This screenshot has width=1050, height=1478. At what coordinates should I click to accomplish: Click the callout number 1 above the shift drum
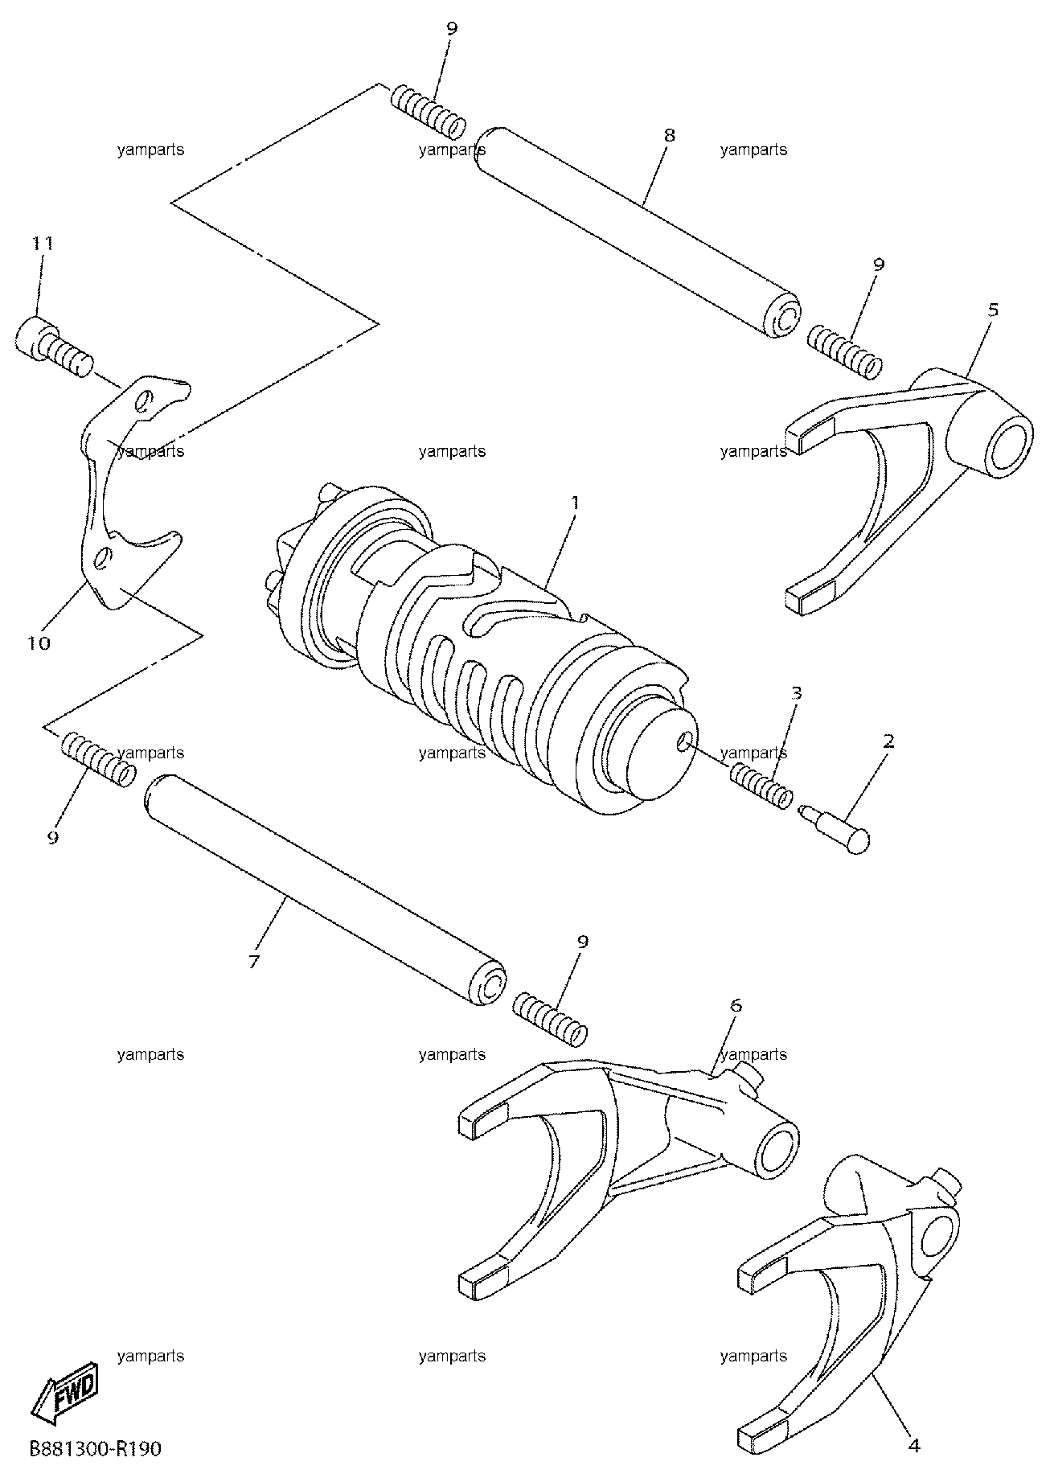click(x=575, y=502)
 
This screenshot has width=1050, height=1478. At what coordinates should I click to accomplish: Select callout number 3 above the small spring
click(x=796, y=692)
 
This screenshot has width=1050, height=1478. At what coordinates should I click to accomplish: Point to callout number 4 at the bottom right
click(x=913, y=1445)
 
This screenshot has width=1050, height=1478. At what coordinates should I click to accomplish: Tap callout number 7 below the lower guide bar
click(x=254, y=961)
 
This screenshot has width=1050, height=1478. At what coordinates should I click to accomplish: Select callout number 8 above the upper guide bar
click(x=669, y=135)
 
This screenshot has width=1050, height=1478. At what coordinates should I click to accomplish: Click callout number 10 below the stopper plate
click(x=39, y=643)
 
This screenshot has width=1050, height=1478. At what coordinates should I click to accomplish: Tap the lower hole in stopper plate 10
click(x=104, y=557)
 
